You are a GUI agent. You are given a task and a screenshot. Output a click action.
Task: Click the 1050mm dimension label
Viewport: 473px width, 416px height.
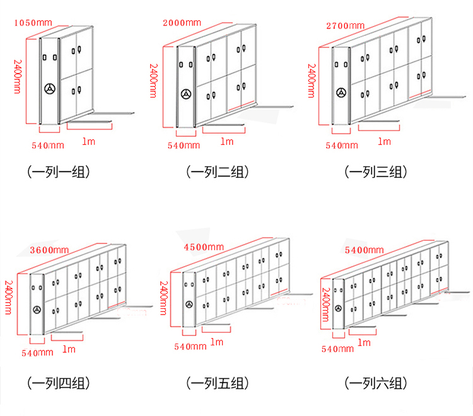tap(33, 23)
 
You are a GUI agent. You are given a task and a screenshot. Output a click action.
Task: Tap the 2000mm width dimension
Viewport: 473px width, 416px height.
tap(182, 23)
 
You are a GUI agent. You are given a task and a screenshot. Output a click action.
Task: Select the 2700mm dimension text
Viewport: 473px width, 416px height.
tap(346, 26)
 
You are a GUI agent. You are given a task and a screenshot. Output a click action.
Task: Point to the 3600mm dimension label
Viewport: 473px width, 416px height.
tap(49, 250)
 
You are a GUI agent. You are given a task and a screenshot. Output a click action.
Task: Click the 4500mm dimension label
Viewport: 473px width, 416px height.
tap(204, 247)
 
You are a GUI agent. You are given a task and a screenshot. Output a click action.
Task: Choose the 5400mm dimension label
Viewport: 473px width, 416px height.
tap(365, 250)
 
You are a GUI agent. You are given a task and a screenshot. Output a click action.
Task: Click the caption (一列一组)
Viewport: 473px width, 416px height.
tap(59, 172)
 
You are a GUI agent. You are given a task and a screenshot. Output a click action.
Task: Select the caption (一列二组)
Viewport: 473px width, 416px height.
tap(217, 172)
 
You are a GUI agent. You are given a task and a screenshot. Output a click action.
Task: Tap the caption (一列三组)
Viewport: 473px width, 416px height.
tap(376, 172)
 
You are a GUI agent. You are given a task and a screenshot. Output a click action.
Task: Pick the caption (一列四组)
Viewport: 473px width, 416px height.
tap(59, 383)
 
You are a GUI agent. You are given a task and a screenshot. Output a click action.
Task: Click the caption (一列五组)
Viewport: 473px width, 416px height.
tap(217, 383)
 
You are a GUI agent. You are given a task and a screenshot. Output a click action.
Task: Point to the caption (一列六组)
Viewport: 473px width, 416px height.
tap(376, 383)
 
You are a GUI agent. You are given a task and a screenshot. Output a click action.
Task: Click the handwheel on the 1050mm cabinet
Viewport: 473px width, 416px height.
tap(50, 89)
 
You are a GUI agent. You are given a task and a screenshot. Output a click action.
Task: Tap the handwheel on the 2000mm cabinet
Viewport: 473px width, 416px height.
tap(186, 94)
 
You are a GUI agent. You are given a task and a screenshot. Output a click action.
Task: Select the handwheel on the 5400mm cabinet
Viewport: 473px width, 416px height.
tap(339, 308)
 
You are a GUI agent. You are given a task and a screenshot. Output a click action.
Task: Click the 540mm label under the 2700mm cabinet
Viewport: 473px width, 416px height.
tap(342, 146)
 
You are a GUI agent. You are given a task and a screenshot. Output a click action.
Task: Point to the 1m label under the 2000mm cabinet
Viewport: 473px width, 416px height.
tap(227, 141)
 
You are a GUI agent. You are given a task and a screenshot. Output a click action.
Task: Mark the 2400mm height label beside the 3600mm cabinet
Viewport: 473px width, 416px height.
tap(9, 298)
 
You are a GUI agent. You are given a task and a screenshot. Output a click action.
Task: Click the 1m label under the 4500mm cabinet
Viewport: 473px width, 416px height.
tap(217, 342)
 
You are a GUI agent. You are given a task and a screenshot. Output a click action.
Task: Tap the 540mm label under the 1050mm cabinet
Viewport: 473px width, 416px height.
tap(48, 146)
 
